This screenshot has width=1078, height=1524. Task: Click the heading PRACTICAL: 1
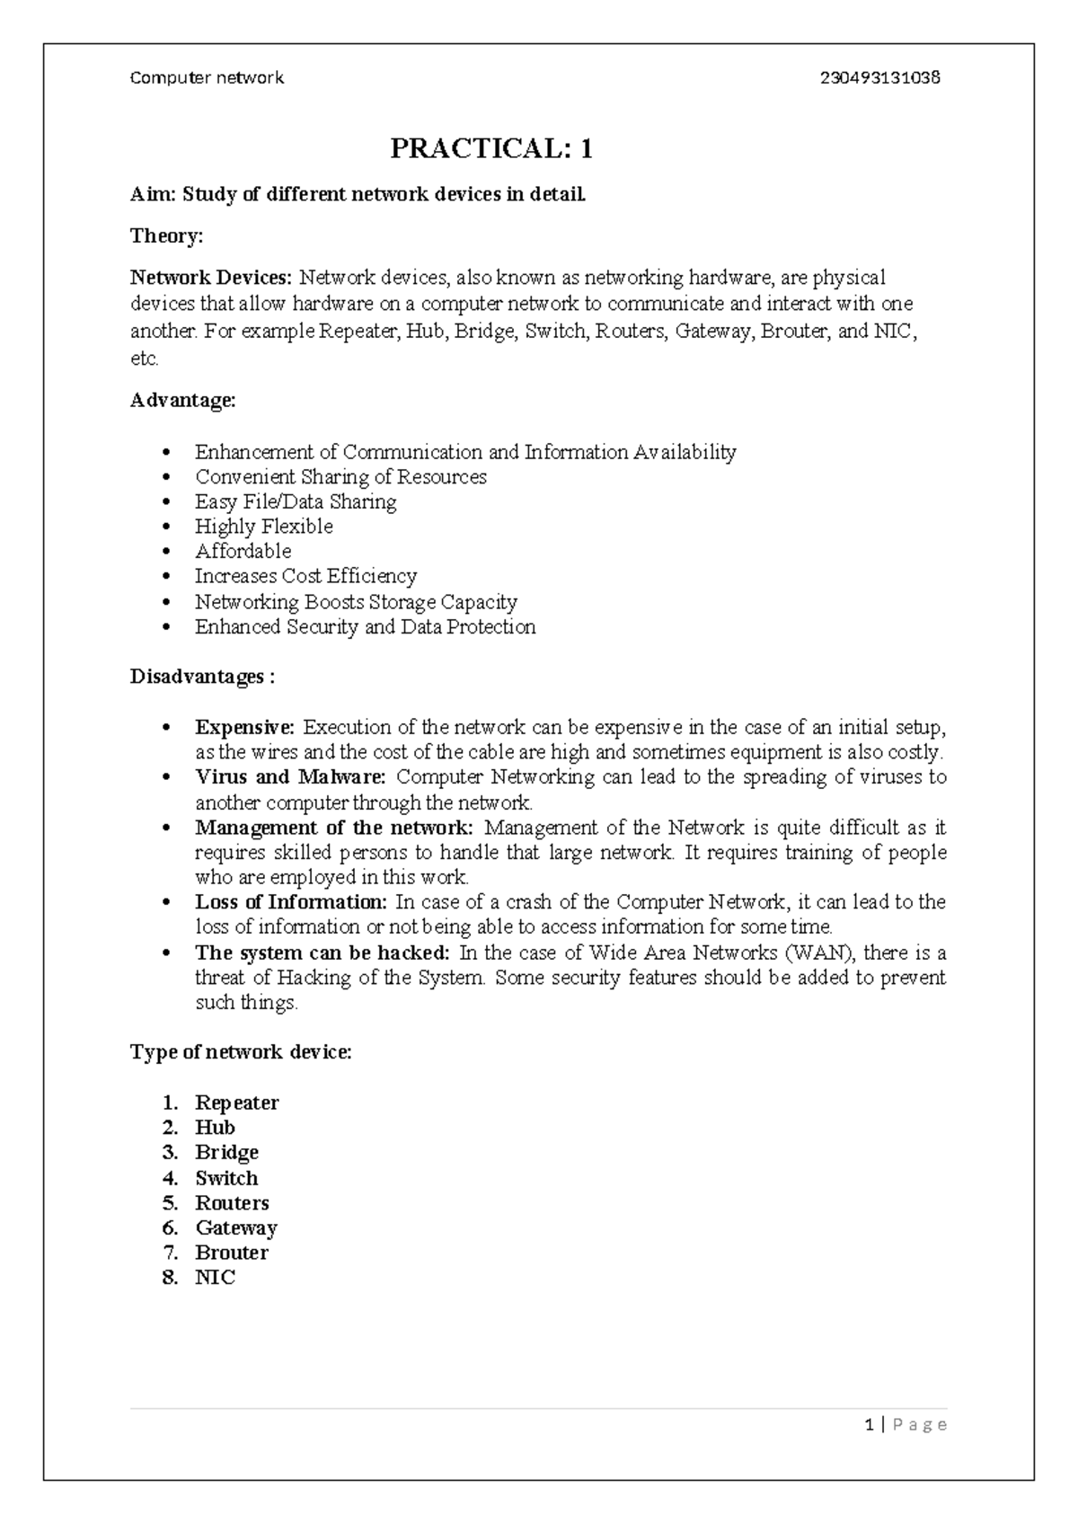[x=491, y=148]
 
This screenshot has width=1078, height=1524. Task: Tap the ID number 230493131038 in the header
[x=880, y=78]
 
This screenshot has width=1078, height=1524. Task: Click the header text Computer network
[x=208, y=78]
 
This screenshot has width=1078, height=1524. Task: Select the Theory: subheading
[x=167, y=236]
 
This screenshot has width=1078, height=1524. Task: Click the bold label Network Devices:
[x=212, y=277]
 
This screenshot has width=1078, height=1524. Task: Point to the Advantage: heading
[x=183, y=401]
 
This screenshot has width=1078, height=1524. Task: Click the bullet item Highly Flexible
[x=263, y=527]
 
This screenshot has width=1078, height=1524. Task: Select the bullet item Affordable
[x=243, y=552]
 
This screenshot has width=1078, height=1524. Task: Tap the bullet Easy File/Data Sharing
[x=296, y=502]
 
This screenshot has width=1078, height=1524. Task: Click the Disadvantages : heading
[x=202, y=677]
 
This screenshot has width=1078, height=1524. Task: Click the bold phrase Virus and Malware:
[x=290, y=777]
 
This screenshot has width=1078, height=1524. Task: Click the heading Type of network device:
[x=241, y=1052]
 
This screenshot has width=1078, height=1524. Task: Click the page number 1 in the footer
[x=868, y=1424]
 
